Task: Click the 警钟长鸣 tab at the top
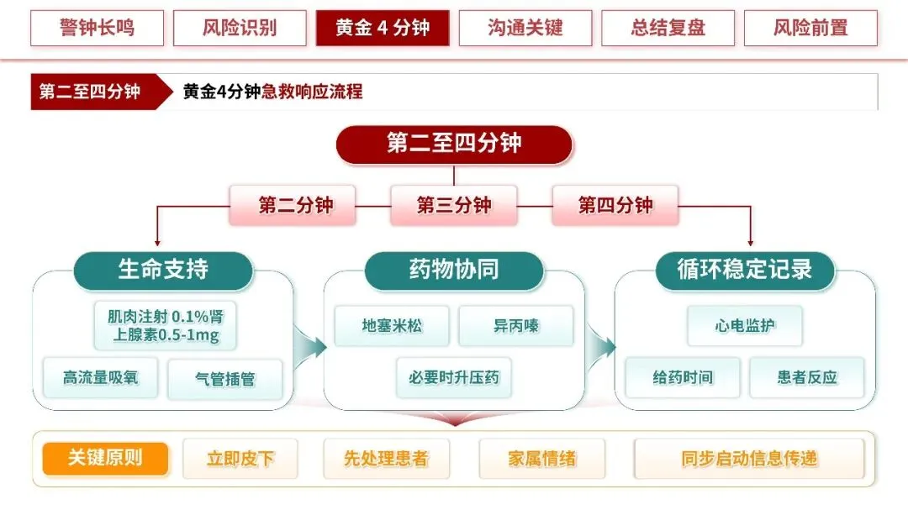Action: click(x=97, y=28)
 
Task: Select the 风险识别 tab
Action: click(x=240, y=28)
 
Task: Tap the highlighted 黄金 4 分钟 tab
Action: click(x=383, y=28)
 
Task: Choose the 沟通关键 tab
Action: click(x=525, y=28)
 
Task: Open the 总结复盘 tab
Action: click(x=668, y=28)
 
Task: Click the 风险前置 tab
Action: click(x=810, y=28)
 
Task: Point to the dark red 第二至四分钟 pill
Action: click(x=454, y=145)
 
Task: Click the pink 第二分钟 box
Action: click(x=293, y=205)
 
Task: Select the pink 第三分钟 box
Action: click(x=454, y=205)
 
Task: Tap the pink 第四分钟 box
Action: click(x=615, y=205)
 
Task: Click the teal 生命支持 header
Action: click(x=163, y=271)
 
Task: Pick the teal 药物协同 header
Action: click(x=454, y=271)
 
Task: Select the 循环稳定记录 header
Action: click(x=745, y=271)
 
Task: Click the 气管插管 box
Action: click(x=225, y=379)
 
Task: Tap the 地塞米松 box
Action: click(x=392, y=326)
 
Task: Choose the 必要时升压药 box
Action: click(x=454, y=378)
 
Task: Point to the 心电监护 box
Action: click(x=745, y=326)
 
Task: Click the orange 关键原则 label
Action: click(x=105, y=459)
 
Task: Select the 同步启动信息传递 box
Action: click(x=749, y=459)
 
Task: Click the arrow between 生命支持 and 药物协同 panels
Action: click(x=309, y=347)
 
